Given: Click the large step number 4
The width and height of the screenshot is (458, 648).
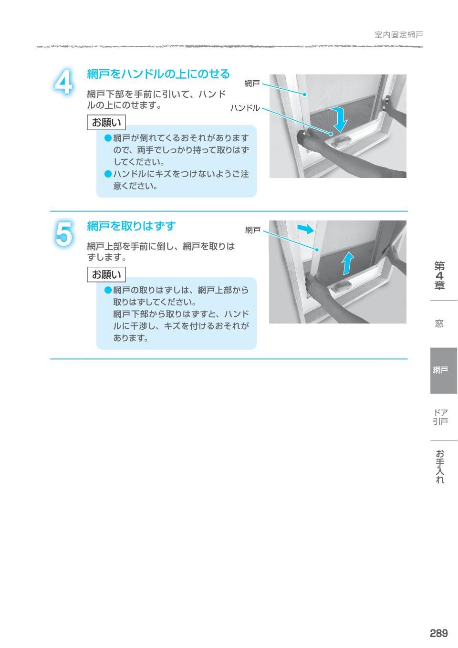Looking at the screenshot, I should (x=63, y=83).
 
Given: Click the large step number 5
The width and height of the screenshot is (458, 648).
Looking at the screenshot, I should (x=63, y=234).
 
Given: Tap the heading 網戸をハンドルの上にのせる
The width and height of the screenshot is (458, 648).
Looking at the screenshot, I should (x=158, y=74).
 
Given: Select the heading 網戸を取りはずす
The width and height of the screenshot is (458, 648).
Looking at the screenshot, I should (x=131, y=226).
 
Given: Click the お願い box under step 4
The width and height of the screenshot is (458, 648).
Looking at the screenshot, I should (x=106, y=123).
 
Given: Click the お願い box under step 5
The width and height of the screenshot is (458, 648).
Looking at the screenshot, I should (x=106, y=274).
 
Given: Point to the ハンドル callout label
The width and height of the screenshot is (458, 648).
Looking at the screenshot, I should (x=245, y=108).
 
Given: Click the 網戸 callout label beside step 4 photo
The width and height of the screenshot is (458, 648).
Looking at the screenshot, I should (x=252, y=84).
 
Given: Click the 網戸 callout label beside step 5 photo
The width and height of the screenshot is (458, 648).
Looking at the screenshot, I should (x=253, y=230).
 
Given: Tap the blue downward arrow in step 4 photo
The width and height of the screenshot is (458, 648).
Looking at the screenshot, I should (x=340, y=119).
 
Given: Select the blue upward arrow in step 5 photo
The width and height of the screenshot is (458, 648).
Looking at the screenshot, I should (x=348, y=263).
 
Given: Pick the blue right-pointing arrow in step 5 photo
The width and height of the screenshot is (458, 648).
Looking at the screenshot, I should (x=305, y=229).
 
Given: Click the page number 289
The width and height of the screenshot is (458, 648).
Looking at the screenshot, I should (x=438, y=633).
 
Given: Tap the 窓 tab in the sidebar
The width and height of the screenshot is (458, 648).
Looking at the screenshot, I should (x=439, y=324).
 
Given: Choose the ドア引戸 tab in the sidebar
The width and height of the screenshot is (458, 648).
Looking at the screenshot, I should (x=440, y=417).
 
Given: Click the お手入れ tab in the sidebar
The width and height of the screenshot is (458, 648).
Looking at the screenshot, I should (x=440, y=466).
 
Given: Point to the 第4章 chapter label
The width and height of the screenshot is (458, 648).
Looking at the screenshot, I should (x=439, y=275).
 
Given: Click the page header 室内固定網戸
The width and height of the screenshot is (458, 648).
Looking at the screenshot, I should (x=398, y=35).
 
